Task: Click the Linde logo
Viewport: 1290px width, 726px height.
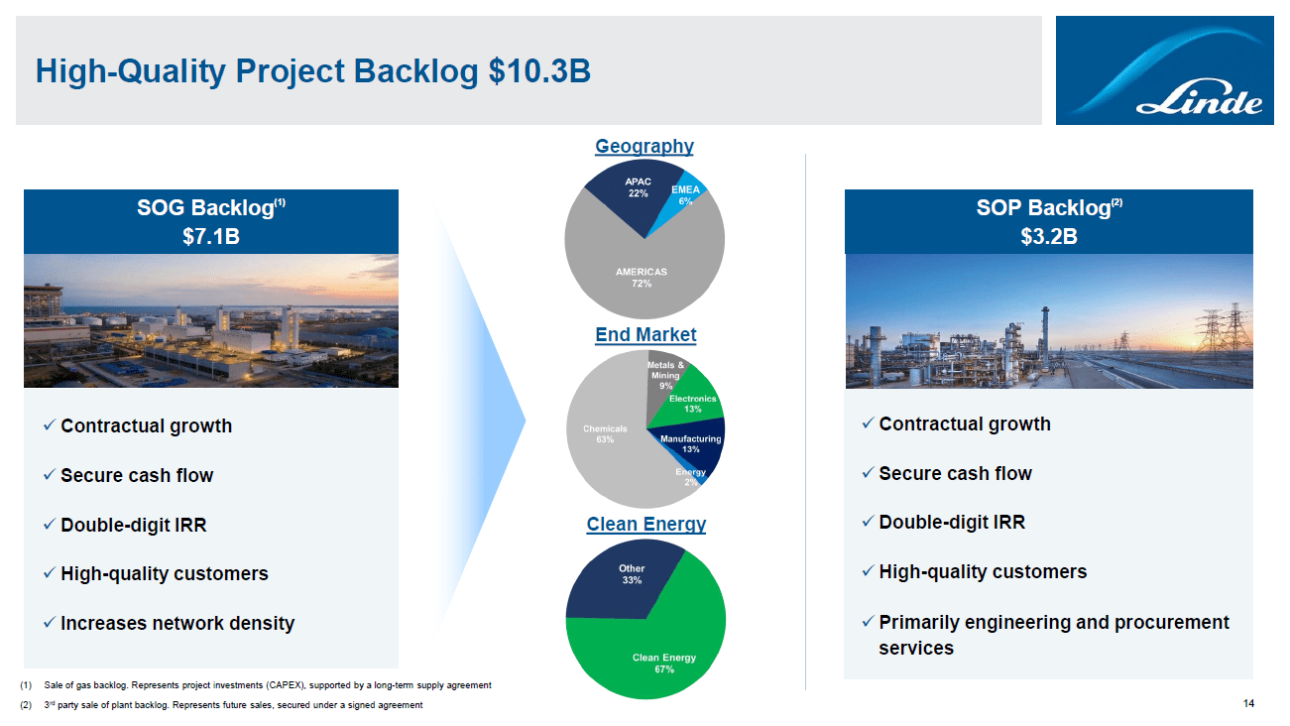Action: click(x=1163, y=69)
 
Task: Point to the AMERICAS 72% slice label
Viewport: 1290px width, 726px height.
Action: click(x=642, y=277)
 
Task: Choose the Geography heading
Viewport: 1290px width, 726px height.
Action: click(x=645, y=146)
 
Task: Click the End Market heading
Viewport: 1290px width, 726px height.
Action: click(x=645, y=334)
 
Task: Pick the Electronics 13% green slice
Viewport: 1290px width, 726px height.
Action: click(x=692, y=402)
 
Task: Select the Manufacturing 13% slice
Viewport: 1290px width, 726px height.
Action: click(x=691, y=443)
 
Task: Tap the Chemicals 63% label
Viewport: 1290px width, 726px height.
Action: click(x=605, y=434)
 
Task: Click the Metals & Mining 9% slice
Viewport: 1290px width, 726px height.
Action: click(x=664, y=374)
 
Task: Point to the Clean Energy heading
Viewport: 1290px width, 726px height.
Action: click(x=645, y=524)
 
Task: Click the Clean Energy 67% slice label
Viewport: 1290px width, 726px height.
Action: click(x=664, y=663)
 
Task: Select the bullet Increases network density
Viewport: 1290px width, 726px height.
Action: click(x=176, y=623)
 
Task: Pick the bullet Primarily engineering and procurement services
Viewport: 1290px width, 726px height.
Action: click(x=1053, y=635)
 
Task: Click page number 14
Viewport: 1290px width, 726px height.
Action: click(x=1249, y=703)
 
